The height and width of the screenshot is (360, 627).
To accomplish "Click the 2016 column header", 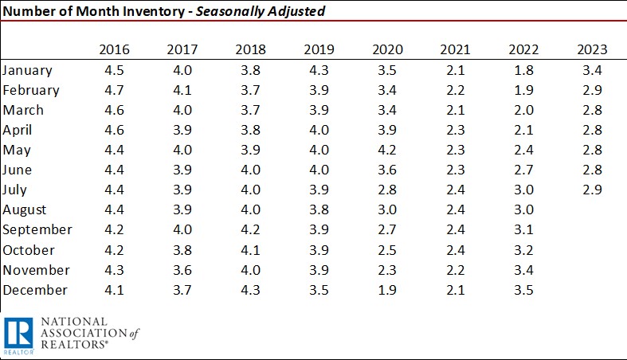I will [114, 49].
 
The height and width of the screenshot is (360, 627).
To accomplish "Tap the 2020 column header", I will [386, 49].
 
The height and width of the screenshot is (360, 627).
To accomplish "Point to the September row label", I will [37, 230].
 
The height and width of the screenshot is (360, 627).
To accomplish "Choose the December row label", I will [36, 290].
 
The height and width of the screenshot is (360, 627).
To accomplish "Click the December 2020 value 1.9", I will [386, 290].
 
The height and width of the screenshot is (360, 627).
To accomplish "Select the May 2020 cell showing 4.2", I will [386, 150].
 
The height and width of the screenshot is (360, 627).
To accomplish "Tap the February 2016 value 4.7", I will [114, 90].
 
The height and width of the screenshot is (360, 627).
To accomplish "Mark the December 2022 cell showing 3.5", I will [523, 290].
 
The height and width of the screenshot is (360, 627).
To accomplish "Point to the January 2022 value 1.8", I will [523, 70].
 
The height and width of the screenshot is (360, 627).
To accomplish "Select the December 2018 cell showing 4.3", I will [250, 290].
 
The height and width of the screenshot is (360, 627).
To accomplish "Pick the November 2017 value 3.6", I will [182, 270].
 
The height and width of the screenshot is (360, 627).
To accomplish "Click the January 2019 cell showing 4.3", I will [319, 70].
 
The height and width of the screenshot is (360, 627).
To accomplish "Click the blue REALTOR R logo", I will [17, 335].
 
